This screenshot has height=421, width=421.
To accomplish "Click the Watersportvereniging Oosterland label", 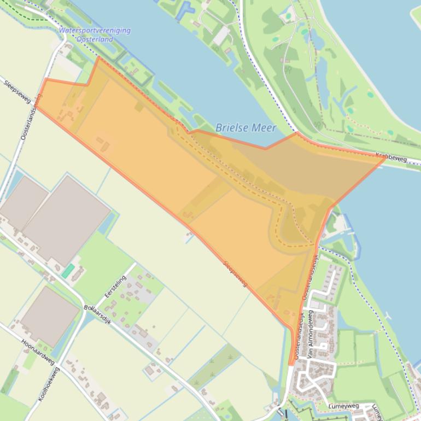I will coord(95,35).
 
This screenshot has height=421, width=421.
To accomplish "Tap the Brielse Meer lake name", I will coord(245,128).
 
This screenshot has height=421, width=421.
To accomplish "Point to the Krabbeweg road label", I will coord(391,157).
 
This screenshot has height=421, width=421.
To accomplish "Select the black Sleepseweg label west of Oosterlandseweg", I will coord(17,91).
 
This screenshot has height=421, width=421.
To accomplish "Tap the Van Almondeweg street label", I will coord(310,334).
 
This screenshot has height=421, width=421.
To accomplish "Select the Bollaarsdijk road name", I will coord(98,315).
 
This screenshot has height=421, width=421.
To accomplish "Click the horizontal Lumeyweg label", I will coord(344,406).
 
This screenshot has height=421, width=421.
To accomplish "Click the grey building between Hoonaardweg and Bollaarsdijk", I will coord(50,317).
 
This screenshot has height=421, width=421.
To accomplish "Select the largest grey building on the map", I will coord(66,219).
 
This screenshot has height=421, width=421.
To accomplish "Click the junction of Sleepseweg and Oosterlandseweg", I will coord(37,106).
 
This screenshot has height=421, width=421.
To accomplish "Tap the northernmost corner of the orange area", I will coord(98,57).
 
